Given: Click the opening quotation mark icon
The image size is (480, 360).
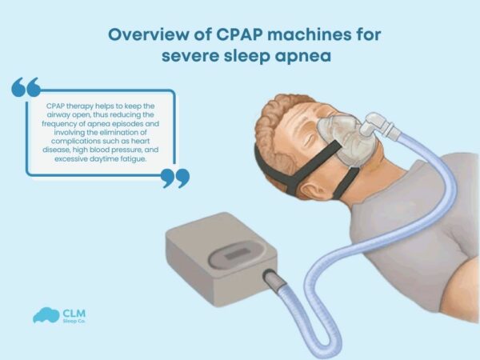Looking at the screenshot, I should click(x=26, y=86).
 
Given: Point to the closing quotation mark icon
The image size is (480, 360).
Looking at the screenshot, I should click(x=175, y=178).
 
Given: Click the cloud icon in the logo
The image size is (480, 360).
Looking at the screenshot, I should click(x=45, y=315).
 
